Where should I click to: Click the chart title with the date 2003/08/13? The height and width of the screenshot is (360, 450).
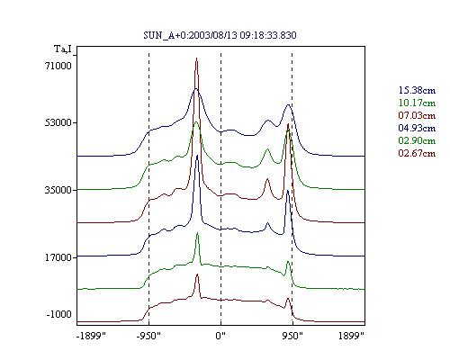click(x=220, y=35)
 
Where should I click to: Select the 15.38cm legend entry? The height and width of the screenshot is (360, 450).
click(x=417, y=90)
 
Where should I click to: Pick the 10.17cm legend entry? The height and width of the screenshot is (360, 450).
click(x=417, y=103)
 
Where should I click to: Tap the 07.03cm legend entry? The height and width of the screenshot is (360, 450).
click(x=417, y=115)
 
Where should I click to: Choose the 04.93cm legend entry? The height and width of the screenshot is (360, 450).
click(x=417, y=128)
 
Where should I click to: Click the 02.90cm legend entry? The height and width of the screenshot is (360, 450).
click(x=417, y=140)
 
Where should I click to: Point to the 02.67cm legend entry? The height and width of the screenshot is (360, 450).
click(x=417, y=153)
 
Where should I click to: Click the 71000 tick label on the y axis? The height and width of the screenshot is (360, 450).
click(x=58, y=66)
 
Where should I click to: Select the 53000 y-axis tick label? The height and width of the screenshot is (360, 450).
click(x=58, y=122)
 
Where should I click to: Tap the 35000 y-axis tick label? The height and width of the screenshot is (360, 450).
click(x=58, y=190)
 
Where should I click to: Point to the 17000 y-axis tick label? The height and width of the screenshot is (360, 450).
click(x=58, y=257)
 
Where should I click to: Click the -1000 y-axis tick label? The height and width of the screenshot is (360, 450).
click(x=59, y=314)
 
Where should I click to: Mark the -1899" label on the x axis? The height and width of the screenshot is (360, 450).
click(x=91, y=336)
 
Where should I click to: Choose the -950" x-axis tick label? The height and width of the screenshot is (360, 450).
click(x=148, y=336)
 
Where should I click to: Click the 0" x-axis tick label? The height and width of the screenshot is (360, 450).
click(x=220, y=336)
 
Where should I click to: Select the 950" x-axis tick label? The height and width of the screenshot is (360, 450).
click(x=292, y=336)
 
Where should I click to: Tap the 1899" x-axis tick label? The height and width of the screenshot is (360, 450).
click(x=351, y=336)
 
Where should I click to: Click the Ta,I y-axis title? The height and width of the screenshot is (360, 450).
click(x=63, y=49)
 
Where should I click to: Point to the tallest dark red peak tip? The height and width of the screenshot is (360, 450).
click(x=196, y=58)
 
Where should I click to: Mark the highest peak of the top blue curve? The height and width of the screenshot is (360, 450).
click(x=196, y=89)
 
